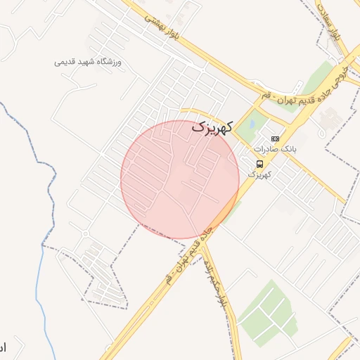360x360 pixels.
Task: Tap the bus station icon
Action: (260, 164)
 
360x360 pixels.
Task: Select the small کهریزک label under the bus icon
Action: (260, 174)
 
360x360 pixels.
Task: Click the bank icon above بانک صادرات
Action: (274, 139)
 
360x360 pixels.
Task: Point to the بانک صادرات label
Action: (275, 149)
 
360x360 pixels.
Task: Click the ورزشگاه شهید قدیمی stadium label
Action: (88, 62)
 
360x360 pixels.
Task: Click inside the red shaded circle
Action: (179, 179)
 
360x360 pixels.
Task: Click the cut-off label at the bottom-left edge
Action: (3, 347)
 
